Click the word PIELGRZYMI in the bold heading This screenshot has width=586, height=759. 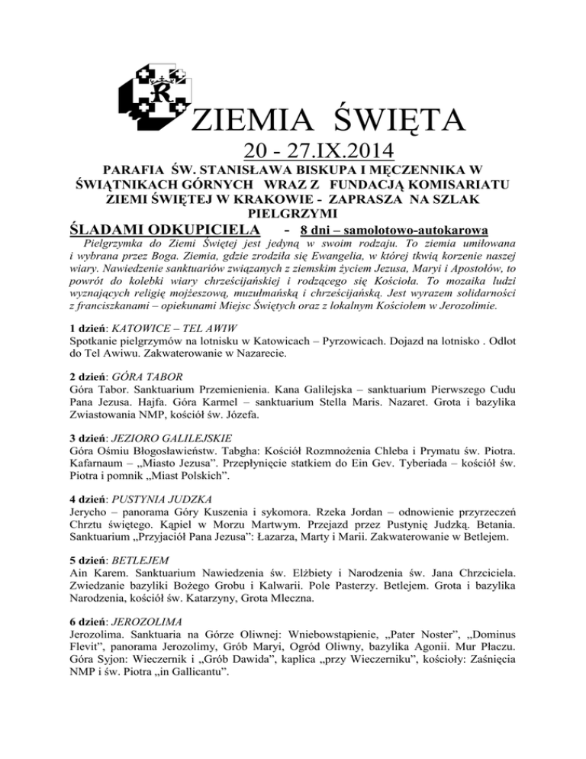tap(292, 212)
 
